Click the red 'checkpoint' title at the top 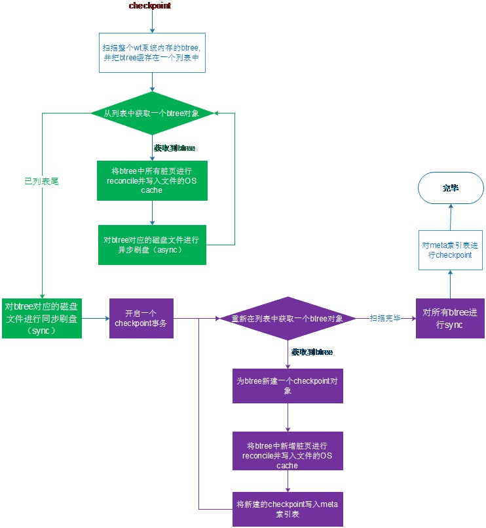point(151,6)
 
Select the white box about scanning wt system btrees point(152,52)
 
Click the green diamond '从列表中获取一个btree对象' point(151,113)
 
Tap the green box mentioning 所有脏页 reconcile point(152,180)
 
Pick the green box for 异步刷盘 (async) point(152,245)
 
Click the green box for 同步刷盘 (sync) point(42,319)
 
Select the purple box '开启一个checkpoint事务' point(141,319)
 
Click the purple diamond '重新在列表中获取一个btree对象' point(289,319)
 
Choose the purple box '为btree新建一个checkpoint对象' point(288,385)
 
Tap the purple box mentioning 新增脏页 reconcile point(288,451)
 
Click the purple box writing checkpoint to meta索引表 point(288,508)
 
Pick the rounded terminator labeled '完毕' point(450,188)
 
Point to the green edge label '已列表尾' point(41,181)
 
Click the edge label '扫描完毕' point(384,317)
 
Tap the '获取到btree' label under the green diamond point(174,148)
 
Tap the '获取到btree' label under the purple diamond point(312,352)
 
